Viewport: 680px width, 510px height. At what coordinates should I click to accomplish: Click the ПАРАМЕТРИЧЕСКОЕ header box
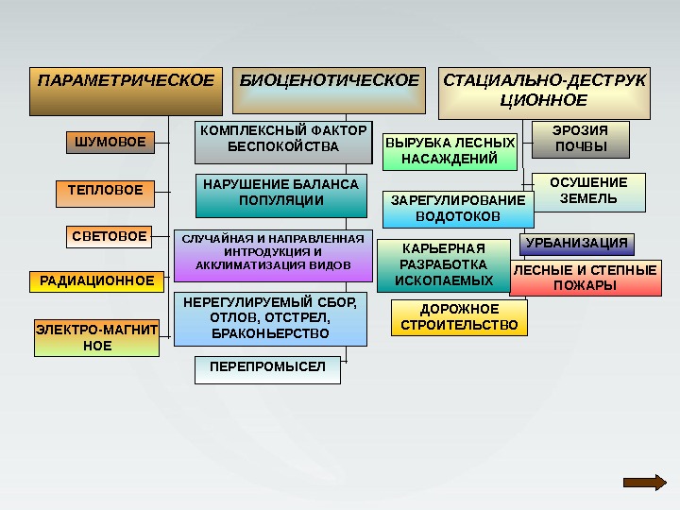point(126,91)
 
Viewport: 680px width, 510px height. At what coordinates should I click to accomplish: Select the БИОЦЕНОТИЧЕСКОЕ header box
point(329,91)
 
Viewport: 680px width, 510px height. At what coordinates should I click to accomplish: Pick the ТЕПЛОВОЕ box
point(105,192)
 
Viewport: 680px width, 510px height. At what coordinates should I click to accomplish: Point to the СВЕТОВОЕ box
point(110,236)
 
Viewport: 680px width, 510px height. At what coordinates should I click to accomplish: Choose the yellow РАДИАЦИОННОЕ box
point(96,280)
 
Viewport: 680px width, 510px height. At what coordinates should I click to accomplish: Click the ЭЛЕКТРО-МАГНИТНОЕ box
point(97,338)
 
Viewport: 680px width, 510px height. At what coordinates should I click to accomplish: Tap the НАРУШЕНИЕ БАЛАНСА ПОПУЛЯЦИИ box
point(281,194)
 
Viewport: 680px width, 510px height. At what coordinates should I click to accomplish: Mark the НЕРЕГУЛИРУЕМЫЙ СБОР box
point(270,318)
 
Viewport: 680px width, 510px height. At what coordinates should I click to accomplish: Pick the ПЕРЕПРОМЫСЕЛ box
point(267,369)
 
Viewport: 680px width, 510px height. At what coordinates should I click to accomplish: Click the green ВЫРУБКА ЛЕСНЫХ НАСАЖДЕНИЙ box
point(450,151)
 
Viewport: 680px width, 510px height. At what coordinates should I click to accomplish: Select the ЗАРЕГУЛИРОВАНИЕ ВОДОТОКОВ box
point(458,209)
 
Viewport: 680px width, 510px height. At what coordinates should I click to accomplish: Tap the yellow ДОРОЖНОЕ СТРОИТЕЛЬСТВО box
point(459,318)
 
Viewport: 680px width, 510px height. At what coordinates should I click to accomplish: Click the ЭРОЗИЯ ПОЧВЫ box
point(581,139)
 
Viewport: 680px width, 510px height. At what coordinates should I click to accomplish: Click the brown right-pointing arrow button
point(645,482)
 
